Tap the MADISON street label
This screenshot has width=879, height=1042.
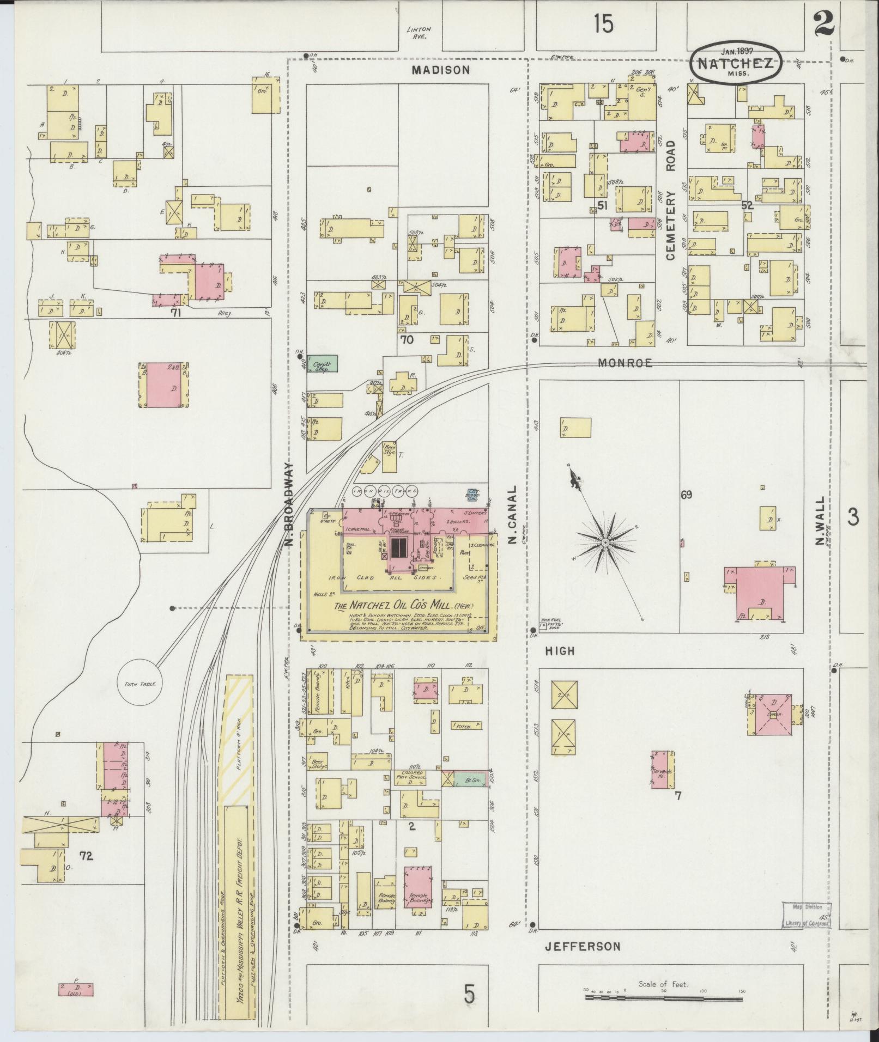pyautogui.click(x=440, y=70)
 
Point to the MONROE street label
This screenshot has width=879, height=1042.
pyautogui.click(x=625, y=363)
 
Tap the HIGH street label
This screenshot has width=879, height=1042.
pyautogui.click(x=560, y=651)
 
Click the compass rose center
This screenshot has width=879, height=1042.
pyautogui.click(x=605, y=543)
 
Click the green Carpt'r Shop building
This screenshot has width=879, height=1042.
pyautogui.click(x=322, y=363)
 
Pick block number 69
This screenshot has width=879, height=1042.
pyautogui.click(x=686, y=495)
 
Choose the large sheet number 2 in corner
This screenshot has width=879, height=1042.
pyautogui.click(x=825, y=25)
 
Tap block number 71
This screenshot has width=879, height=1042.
pyautogui.click(x=175, y=313)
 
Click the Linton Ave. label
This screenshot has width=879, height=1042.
pyautogui.click(x=419, y=33)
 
